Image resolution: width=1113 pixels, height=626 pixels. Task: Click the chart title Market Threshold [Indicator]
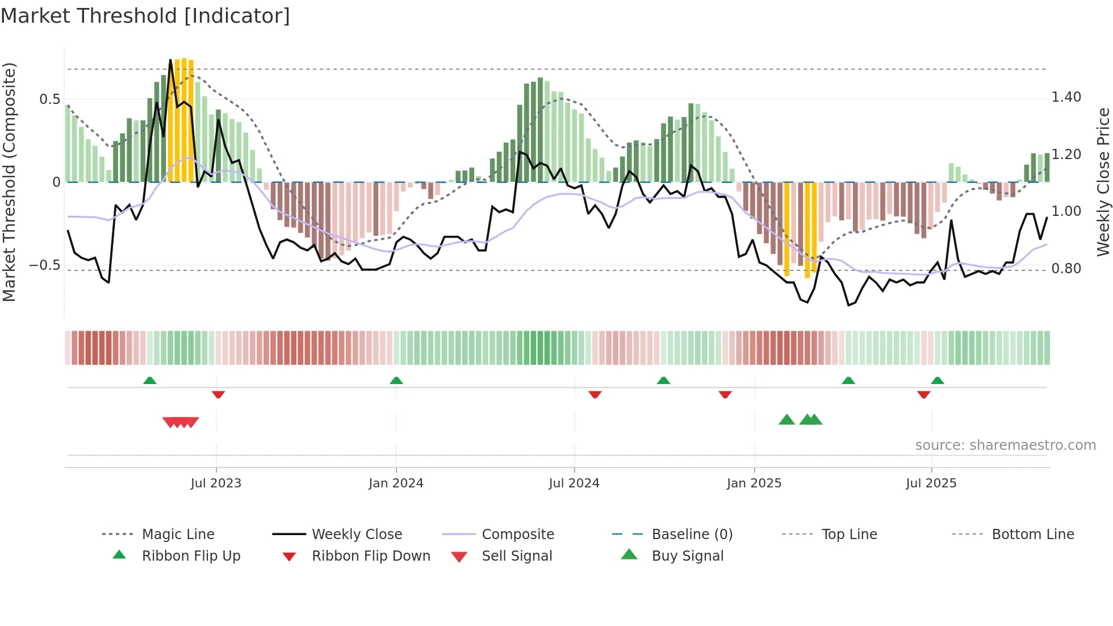click(145, 16)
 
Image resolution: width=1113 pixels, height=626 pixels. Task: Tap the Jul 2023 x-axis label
click(216, 483)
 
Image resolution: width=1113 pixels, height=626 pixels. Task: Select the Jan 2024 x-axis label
click(396, 483)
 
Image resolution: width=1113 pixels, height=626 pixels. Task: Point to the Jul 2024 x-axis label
click(574, 483)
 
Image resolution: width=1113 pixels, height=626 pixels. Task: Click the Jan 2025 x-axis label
click(754, 483)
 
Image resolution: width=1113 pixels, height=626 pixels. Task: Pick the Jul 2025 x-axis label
click(931, 483)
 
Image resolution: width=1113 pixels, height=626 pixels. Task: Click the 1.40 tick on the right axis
click(1066, 97)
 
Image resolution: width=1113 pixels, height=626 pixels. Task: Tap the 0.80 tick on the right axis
click(1066, 269)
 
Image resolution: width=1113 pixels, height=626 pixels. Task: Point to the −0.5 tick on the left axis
click(44, 265)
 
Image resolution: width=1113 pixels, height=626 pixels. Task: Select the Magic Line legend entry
click(178, 535)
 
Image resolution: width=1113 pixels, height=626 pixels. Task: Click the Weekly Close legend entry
click(357, 535)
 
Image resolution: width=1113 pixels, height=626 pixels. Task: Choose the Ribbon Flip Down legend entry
click(371, 556)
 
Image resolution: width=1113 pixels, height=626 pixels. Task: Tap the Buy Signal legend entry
click(687, 556)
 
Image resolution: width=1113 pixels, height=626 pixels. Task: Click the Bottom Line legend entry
click(1032, 535)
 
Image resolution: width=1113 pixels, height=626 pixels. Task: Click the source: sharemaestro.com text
click(1005, 445)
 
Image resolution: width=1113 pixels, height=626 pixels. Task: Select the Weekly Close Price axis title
click(1103, 182)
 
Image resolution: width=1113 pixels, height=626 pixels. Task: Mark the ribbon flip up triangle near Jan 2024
click(396, 381)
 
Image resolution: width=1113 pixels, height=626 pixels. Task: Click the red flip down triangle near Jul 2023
click(218, 394)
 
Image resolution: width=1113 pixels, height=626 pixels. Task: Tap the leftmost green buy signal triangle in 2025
click(786, 420)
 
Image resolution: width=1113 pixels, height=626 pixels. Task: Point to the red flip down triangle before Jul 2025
click(924, 394)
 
